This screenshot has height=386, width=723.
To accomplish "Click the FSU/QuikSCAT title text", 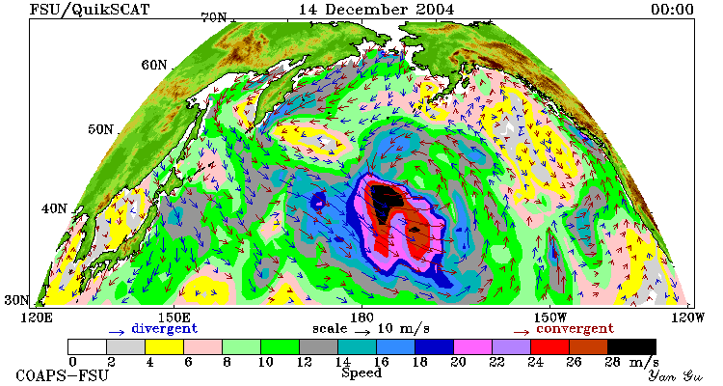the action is point(90,10).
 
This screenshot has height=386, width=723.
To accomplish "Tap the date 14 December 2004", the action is point(376,10).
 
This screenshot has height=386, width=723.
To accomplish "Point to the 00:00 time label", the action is point(672,10).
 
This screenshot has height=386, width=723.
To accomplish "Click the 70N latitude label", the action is point(214,17).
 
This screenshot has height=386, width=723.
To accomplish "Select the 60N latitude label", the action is point(154,65).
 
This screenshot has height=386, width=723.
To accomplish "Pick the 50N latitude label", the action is point(100,129).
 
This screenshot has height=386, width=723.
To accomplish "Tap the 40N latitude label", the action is point(54,208).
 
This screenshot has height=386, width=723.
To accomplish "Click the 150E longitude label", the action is point(174,317).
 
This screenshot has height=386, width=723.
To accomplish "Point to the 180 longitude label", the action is point(361,317).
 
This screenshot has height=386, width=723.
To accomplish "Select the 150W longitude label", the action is point(550,317).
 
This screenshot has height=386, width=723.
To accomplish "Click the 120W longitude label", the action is point(687,317).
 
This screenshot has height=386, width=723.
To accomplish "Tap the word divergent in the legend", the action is point(164,329).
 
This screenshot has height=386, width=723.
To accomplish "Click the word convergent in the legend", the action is point(575,329).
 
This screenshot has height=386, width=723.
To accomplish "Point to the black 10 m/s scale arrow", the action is point(362,332).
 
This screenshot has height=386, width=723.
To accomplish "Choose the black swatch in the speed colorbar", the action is point(631,346).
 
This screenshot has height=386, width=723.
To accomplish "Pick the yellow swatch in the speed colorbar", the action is point(164,346).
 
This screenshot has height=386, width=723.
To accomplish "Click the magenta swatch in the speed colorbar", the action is point(472,346).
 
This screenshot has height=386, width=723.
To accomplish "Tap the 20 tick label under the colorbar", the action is point(458,362).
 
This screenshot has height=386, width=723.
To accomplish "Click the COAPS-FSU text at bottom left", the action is point(63,375).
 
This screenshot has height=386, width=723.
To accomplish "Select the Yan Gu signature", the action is point(676,375).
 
